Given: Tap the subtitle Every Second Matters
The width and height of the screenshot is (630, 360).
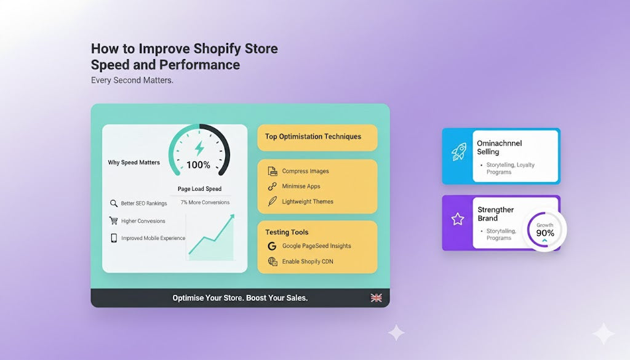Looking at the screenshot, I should point(132,80).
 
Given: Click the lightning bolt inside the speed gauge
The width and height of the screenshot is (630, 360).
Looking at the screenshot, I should point(199,148).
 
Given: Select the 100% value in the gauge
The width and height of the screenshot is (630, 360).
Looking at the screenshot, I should point(198,165).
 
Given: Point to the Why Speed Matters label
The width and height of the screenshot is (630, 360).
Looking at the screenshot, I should point(134,162).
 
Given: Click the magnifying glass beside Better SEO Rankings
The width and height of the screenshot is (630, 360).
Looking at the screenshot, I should point(113,204).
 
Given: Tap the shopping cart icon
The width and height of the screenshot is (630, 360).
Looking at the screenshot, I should point(113,221).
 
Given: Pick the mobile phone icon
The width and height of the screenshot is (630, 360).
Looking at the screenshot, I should point(113,238).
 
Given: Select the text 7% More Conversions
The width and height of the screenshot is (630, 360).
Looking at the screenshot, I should point(205,202).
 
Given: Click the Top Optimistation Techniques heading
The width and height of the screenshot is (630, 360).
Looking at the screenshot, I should point(313,137).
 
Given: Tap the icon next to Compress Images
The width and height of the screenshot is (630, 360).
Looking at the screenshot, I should point(272,171).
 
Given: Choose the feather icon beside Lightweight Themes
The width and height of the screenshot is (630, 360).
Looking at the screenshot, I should point(272,201).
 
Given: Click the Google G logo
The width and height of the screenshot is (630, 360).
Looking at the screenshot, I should point(273,246).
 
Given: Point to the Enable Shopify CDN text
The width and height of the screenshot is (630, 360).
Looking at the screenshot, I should point(308,262).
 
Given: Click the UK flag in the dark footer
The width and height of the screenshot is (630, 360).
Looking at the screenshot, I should point(376,298).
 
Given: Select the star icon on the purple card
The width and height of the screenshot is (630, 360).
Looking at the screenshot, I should point(457,219).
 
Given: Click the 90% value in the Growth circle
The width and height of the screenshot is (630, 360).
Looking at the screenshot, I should point(545,233).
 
